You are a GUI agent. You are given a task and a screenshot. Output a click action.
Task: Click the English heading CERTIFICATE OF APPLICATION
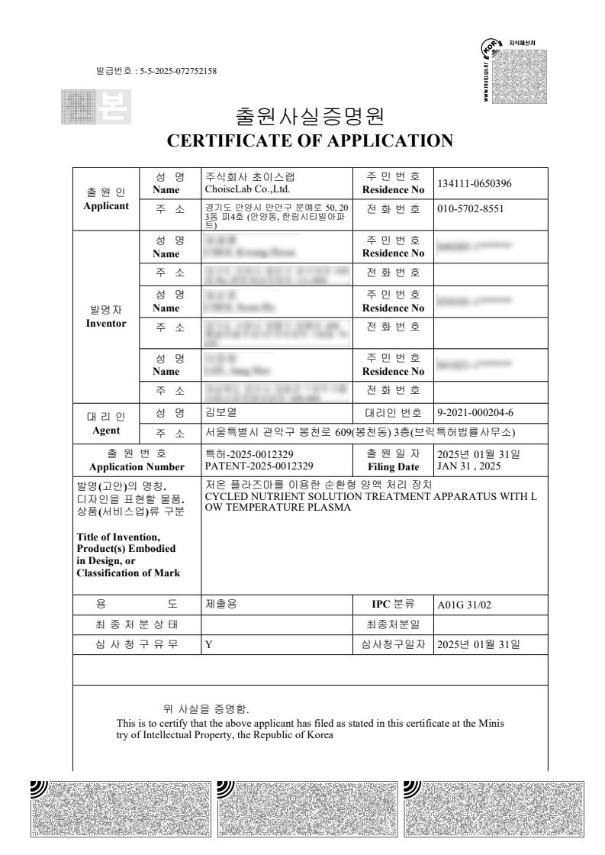(x=310, y=140)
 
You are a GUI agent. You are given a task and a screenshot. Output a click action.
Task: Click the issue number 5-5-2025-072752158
(x=179, y=72)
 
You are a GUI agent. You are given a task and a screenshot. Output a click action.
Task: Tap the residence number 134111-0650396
(x=474, y=184)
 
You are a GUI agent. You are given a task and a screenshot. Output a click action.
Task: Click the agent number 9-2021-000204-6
(x=475, y=413)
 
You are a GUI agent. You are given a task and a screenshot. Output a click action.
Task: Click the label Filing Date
(x=393, y=466)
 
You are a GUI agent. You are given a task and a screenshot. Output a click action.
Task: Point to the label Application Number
(x=137, y=466)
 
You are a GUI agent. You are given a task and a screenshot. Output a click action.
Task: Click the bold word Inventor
(x=106, y=323)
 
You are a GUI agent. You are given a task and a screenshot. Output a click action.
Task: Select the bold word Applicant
(x=106, y=205)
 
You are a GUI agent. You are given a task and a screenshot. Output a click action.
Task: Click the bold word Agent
(x=106, y=430)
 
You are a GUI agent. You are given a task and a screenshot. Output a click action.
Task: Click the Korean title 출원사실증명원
(x=310, y=117)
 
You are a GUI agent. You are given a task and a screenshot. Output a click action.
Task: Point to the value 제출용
(x=221, y=604)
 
